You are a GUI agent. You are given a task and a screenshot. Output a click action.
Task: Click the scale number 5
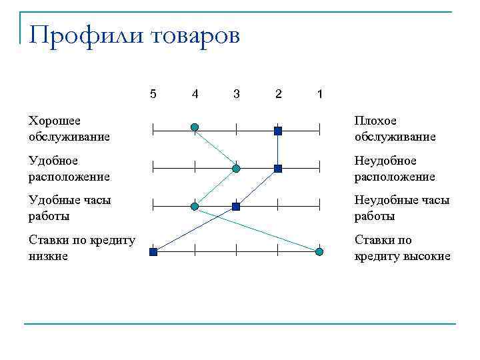point(153,94)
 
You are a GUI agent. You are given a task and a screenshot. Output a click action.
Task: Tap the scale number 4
point(195,94)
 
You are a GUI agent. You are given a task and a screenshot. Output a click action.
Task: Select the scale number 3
point(236,94)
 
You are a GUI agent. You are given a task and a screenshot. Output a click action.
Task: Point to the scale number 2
point(278,94)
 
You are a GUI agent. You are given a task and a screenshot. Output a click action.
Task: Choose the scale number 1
point(320,94)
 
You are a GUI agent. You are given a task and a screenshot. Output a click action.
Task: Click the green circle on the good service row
point(195,127)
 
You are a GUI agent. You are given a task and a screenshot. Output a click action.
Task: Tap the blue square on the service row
point(278,131)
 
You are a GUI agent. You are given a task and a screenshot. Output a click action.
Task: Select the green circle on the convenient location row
point(236,169)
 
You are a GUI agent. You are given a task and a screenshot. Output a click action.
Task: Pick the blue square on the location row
point(278,169)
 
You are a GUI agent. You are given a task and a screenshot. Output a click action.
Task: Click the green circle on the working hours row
point(195,207)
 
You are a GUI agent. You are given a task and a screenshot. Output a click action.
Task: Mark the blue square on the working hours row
point(236,207)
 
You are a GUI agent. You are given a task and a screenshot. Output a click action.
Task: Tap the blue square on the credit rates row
point(153,252)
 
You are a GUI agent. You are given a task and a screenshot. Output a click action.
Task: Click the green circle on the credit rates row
point(320,251)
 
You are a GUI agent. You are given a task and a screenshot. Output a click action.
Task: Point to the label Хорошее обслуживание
point(69,129)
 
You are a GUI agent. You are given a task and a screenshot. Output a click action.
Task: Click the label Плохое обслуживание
point(395,129)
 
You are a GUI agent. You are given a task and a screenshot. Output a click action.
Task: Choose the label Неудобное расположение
point(395,169)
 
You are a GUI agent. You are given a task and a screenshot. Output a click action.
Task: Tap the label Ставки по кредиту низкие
point(82,248)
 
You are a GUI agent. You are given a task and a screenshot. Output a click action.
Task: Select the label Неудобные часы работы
point(401,208)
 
